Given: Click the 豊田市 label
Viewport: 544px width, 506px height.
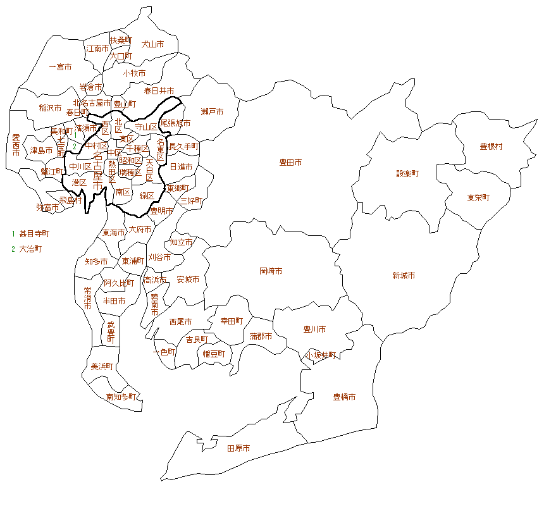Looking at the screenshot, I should pos(290,163).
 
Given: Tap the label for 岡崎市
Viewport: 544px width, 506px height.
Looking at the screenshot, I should pos(271,271).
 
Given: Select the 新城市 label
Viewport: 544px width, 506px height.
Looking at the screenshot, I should pos(403,276).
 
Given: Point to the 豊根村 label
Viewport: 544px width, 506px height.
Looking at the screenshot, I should pos(491,147).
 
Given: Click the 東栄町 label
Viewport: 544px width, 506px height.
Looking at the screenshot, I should pos(478,198).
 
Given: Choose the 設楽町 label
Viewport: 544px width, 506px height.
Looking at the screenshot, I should pos(407,173).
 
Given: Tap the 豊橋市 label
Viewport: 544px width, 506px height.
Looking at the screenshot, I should pos(344,397).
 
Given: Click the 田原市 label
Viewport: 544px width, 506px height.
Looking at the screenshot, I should pos(238,448).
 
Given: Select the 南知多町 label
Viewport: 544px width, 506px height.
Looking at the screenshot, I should pos(120,397).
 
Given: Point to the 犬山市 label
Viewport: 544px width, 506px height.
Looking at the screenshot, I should pos(152,44).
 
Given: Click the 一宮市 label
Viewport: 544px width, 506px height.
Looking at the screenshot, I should pos(60,66).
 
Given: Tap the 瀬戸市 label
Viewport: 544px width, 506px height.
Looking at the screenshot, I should pos(212,112).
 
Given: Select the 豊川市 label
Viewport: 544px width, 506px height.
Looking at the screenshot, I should pos(314,330).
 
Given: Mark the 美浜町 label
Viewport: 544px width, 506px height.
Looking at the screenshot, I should pos(102,366).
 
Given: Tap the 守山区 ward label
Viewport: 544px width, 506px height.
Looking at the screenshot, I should pos(146,127).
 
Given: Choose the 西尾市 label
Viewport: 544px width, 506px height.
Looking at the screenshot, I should pos(181,322).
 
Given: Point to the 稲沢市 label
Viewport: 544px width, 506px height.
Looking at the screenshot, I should pos(50,108).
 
